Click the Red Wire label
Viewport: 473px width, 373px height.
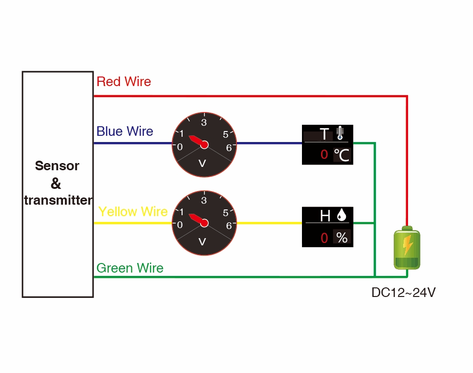[x=124, y=82]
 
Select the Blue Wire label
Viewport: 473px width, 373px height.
[x=125, y=132]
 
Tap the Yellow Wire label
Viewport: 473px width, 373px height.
[x=133, y=212]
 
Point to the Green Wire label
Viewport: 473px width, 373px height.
[x=130, y=268]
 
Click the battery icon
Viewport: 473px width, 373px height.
[x=407, y=248]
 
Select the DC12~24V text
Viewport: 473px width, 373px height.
[x=403, y=293]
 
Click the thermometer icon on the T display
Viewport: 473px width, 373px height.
[x=340, y=133]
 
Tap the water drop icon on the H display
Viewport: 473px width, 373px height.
[x=341, y=216]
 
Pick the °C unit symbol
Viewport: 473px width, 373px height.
[x=342, y=155]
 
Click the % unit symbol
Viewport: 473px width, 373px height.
[x=342, y=237]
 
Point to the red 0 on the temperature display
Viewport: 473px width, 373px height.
[x=324, y=154]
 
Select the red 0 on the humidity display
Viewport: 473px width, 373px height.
[x=324, y=238]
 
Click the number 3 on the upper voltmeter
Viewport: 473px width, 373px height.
[x=204, y=122]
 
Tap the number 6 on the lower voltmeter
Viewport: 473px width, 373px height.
[x=229, y=225]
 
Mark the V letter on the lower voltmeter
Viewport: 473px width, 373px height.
[x=202, y=241]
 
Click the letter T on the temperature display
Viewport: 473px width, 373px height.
[x=324, y=134]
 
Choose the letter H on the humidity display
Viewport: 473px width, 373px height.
[x=325, y=216]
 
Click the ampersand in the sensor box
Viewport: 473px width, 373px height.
[x=56, y=184]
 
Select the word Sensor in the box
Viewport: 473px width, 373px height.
[x=57, y=166]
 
